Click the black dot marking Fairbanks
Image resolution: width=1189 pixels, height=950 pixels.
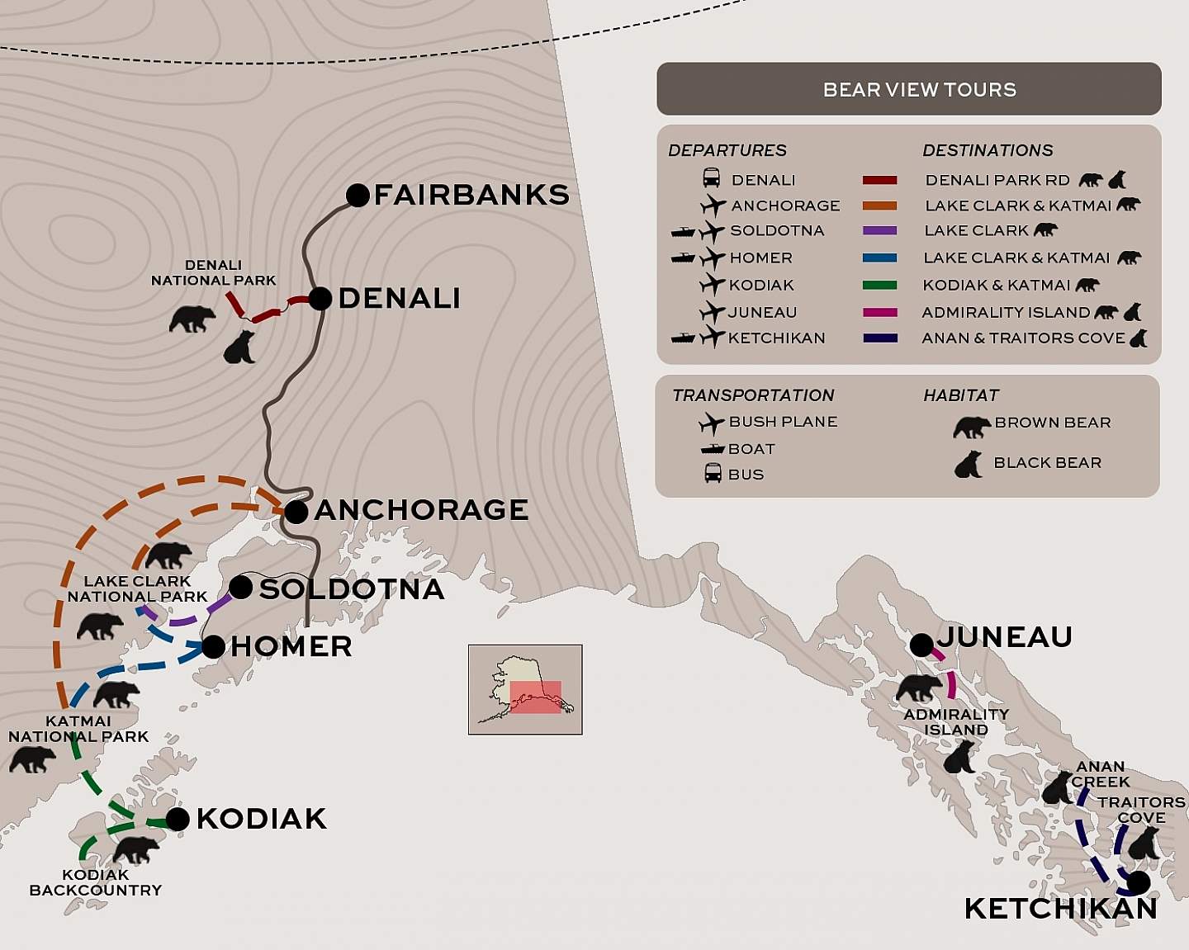point(358,196)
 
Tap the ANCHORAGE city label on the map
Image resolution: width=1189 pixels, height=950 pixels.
point(421,510)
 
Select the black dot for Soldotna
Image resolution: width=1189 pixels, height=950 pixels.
point(240,588)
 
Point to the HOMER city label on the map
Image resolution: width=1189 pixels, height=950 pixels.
point(291,646)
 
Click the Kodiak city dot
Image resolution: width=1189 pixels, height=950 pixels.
point(178,819)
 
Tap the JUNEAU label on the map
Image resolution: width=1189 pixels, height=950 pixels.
point(1004,637)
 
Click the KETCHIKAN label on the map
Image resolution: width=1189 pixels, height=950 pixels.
point(1060,909)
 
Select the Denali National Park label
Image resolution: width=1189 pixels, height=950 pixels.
point(213,272)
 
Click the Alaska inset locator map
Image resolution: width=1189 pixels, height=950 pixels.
point(525,689)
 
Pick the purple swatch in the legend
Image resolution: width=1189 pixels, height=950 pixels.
point(879,231)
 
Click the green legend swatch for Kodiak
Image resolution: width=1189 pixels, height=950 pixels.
point(879,286)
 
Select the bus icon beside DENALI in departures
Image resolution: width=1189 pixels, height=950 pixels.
point(711,179)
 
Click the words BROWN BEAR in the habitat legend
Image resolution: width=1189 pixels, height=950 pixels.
point(1052,423)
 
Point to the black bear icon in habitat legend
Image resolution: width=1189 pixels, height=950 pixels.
point(969,465)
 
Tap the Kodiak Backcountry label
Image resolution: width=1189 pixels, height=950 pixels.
point(96,882)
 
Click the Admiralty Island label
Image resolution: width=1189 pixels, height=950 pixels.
point(956,722)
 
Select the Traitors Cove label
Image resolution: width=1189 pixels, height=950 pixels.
point(1141,810)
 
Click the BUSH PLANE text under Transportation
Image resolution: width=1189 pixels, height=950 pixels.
point(783,422)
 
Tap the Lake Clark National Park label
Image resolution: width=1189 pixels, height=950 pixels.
point(137,588)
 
